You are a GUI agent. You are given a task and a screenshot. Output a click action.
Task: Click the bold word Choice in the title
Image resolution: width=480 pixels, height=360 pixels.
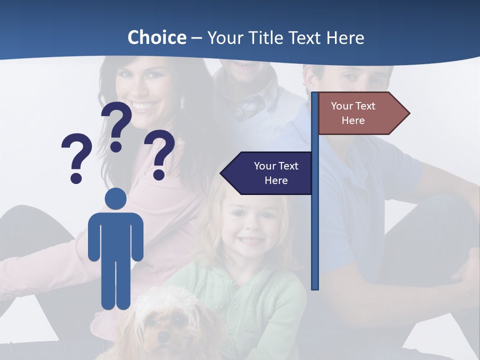(156, 37)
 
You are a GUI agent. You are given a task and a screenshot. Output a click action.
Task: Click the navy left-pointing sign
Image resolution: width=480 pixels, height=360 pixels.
(270, 173)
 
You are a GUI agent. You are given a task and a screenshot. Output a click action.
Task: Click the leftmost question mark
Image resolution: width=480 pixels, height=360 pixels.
(76, 155)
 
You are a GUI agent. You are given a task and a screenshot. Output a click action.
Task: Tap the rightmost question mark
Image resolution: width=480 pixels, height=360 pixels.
(159, 152)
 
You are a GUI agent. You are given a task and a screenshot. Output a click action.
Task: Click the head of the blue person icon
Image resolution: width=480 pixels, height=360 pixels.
(115, 198)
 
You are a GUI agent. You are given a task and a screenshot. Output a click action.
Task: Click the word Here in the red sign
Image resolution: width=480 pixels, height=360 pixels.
(353, 120)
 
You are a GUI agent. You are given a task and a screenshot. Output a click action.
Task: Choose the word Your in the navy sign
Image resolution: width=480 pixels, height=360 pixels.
(264, 166)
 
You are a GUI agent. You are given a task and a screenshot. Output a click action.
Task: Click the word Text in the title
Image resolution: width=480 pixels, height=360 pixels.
(304, 37)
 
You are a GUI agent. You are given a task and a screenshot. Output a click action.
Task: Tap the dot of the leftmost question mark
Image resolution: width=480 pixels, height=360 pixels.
(76, 177)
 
